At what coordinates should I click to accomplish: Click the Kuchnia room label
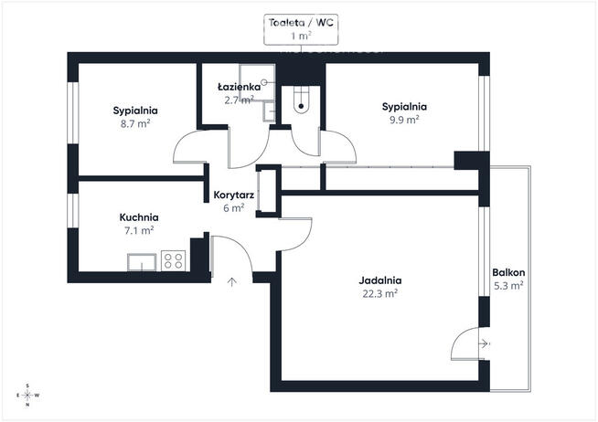(x=139, y=217)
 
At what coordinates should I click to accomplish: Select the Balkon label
(x=507, y=273)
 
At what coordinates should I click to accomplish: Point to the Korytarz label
(x=233, y=195)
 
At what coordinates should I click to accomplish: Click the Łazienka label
(x=235, y=87)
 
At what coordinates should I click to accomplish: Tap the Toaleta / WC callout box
(x=301, y=29)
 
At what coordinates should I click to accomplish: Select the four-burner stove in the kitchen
(x=173, y=259)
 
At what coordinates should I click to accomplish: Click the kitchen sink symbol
(x=142, y=264)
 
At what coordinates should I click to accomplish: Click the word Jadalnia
(x=379, y=280)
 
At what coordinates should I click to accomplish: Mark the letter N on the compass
(x=27, y=403)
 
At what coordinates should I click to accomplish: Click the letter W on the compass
(x=37, y=395)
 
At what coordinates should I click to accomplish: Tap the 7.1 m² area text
(x=139, y=230)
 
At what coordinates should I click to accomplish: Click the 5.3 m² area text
(x=507, y=286)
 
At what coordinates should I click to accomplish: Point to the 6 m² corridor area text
(x=233, y=207)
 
